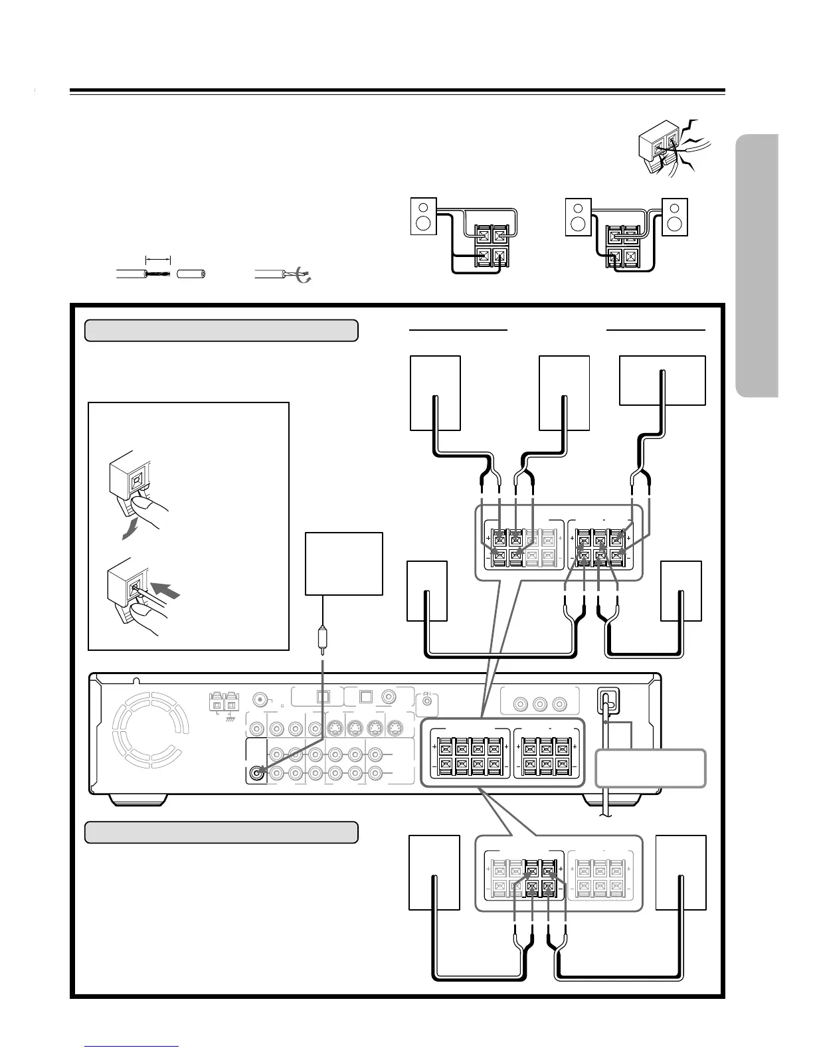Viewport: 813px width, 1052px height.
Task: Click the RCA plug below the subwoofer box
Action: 322,640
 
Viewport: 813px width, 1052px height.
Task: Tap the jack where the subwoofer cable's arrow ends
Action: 258,772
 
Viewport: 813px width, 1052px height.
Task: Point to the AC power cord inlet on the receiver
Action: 607,700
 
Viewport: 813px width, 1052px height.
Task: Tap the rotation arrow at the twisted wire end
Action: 305,277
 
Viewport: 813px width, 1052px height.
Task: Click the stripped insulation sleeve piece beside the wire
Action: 191,274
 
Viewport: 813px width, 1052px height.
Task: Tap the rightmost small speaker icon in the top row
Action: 675,217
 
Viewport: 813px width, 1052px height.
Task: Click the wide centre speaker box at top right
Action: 662,380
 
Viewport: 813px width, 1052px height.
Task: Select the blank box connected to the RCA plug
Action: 343,563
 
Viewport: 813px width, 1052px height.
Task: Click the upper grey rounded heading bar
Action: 221,330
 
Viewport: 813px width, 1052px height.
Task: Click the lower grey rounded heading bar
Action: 221,832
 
